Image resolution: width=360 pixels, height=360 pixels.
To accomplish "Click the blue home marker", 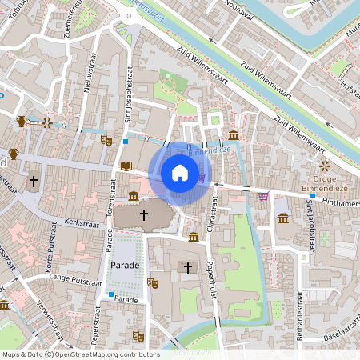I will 180,173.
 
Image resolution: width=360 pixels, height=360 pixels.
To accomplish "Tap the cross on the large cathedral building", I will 144,215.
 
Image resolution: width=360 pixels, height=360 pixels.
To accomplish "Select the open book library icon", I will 126,166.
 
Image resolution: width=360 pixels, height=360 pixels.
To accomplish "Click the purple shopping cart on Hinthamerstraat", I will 263,196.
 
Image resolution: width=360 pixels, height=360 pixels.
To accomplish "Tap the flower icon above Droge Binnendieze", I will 324,166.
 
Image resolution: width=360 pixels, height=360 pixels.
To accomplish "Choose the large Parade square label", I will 126,265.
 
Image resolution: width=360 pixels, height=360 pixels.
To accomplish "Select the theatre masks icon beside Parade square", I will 152,282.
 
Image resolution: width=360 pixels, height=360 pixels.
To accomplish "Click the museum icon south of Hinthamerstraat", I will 282,219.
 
